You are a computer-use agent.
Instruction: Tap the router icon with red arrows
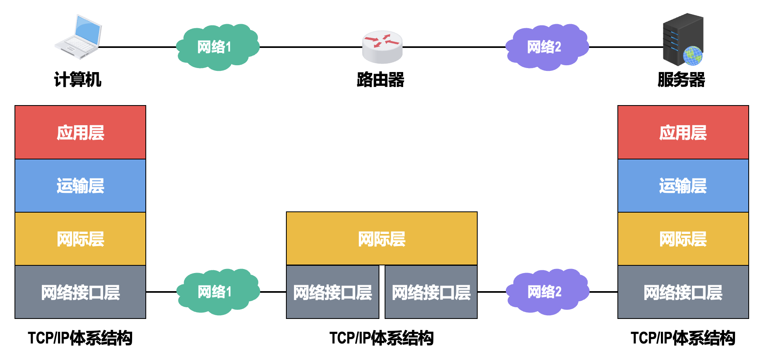(382, 47)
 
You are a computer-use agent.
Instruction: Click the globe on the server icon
(692, 56)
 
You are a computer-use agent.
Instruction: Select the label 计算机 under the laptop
(78, 80)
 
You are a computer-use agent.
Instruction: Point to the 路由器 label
(381, 80)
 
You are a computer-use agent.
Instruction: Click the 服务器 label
(681, 80)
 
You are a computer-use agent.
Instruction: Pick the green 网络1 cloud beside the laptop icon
(217, 47)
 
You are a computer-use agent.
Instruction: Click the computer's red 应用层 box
(80, 132)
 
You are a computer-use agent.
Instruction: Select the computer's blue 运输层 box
(80, 186)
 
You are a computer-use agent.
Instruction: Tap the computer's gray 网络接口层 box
(80, 292)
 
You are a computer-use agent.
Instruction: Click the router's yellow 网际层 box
(381, 239)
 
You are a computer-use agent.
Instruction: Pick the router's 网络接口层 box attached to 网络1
(333, 292)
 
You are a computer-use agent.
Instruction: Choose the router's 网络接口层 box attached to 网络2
(431, 292)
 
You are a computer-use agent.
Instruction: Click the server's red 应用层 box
(683, 132)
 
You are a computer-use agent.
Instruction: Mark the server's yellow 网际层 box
(683, 239)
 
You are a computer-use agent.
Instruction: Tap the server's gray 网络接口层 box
(683, 292)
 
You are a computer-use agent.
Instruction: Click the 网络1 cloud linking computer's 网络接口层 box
(217, 292)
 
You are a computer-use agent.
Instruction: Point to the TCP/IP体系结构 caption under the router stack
(381, 338)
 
